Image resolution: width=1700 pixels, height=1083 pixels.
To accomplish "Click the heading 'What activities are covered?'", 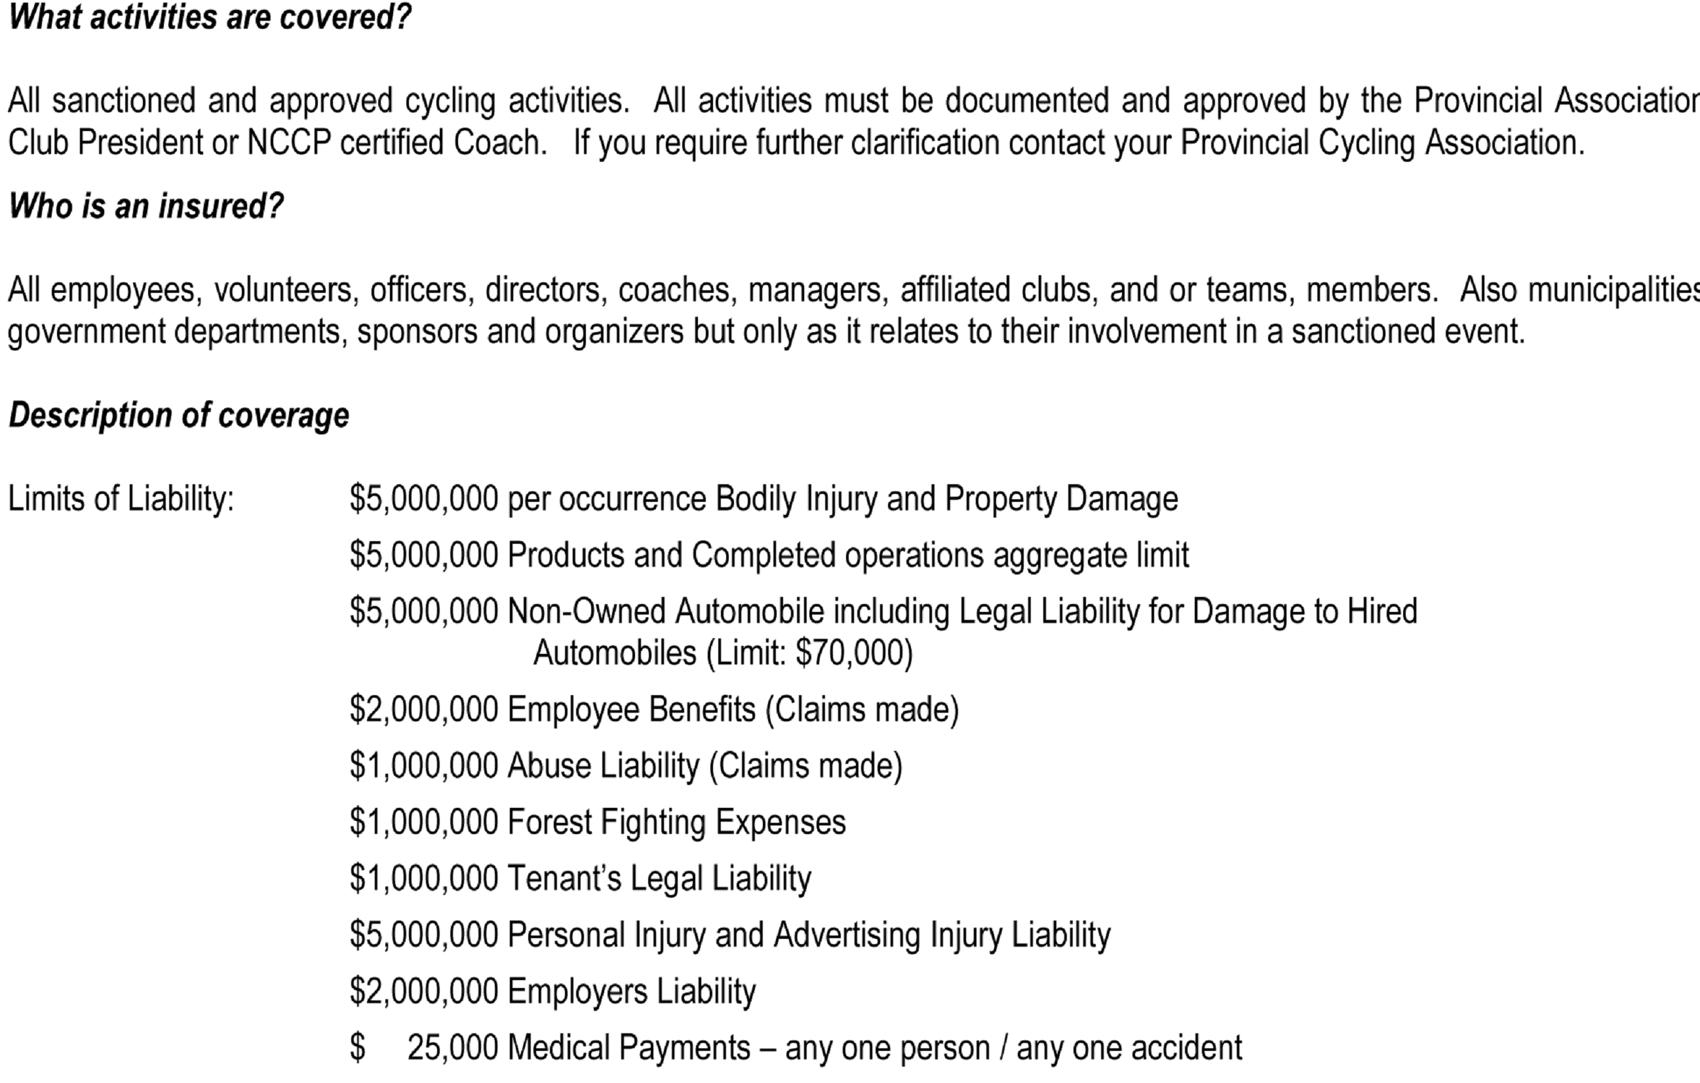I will click(x=209, y=17).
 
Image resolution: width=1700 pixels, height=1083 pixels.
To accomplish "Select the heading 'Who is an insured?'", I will click(x=145, y=206).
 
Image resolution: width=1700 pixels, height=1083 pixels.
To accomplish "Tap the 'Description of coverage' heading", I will click(x=179, y=415).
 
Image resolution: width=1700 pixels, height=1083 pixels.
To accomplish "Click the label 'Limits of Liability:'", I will click(x=121, y=499).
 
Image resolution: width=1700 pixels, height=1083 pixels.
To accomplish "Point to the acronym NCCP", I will click(x=289, y=143).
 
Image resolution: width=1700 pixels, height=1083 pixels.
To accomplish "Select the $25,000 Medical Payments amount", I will click(x=452, y=1048).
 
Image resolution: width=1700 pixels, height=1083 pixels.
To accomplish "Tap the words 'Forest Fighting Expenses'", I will click(x=676, y=822).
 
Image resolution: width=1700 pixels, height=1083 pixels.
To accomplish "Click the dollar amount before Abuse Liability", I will click(x=423, y=766).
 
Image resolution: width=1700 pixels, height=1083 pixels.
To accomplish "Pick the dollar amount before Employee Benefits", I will click(x=423, y=710).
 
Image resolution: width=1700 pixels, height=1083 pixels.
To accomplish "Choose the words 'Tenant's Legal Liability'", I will click(x=659, y=879).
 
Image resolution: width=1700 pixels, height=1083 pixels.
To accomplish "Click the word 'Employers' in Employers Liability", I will click(x=577, y=992).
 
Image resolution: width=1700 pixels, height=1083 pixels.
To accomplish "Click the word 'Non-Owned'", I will click(x=586, y=611).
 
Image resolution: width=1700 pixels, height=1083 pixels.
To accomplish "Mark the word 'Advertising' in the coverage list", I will click(x=847, y=936).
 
